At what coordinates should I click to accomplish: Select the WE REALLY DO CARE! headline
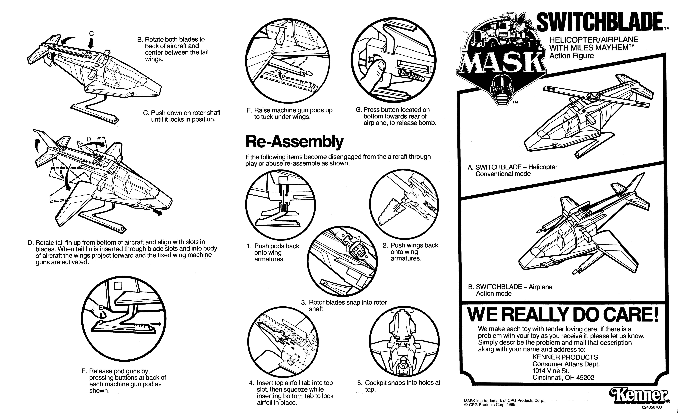pyautogui.click(x=563, y=315)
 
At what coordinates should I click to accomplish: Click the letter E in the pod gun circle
pyautogui.click(x=101, y=307)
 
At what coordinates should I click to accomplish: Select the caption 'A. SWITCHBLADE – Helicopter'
pyautogui.click(x=512, y=167)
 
